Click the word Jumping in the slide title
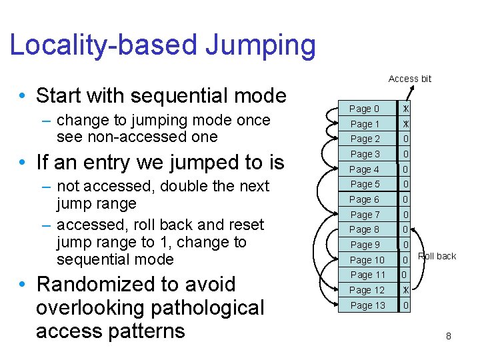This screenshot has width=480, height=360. click(260, 45)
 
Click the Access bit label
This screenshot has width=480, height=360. click(409, 79)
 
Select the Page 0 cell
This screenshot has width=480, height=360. click(364, 109)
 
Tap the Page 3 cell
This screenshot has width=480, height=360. click(364, 154)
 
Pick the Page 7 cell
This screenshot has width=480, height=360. click(364, 215)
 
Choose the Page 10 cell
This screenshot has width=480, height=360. click(367, 260)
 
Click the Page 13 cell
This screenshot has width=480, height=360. click(367, 305)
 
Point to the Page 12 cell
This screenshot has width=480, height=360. click(367, 290)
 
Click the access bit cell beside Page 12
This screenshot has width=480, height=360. click(405, 290)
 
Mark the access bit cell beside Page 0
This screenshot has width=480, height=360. click(405, 109)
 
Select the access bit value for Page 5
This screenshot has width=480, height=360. click(405, 185)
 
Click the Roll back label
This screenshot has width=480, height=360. click(437, 256)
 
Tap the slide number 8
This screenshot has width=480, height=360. click(449, 337)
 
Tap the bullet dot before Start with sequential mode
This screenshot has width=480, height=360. click(23, 97)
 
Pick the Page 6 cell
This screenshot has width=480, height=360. click(364, 199)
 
